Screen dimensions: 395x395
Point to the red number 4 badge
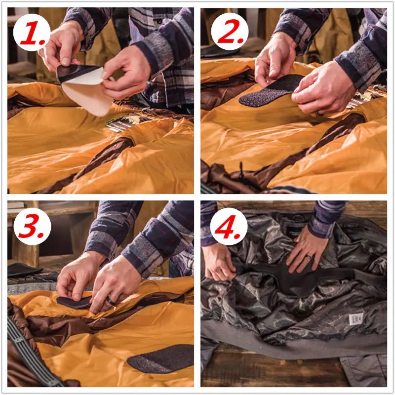click(x=229, y=226)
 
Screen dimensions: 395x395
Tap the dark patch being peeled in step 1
click(x=72, y=72)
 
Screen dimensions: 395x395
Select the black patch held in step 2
click(x=269, y=92)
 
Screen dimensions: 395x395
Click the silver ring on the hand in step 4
click(x=307, y=257)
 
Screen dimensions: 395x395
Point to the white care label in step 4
click(x=355, y=318)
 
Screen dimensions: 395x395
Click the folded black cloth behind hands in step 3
click(x=25, y=270)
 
